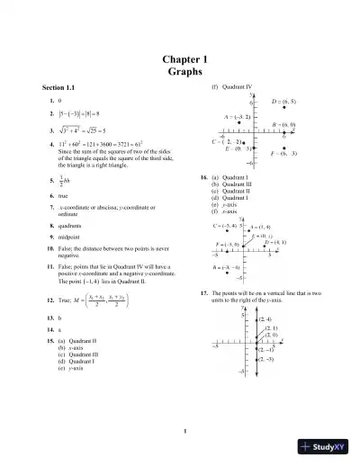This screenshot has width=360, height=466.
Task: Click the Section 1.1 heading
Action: pos(60,87)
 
